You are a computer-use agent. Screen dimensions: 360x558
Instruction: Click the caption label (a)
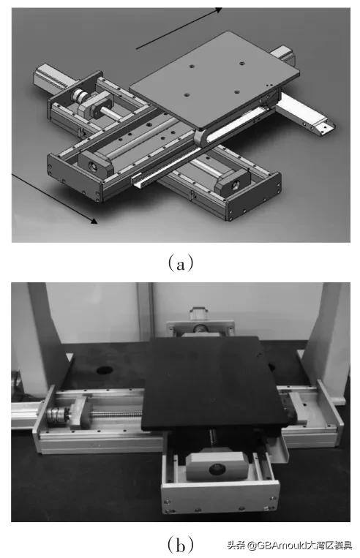point(181,263)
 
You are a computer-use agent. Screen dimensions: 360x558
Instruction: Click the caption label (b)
point(181,544)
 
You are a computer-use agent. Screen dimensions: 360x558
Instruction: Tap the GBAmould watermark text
point(290,545)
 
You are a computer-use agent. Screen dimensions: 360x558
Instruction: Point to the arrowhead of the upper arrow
point(217,10)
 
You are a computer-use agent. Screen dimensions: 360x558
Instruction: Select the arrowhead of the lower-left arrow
point(94,221)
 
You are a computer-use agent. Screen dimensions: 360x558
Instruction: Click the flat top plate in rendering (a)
point(214,79)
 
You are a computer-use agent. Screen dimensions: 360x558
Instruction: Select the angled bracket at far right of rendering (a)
point(306,113)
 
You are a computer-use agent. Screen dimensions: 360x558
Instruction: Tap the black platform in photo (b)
point(214,382)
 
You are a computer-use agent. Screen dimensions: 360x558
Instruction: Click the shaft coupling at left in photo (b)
point(57,415)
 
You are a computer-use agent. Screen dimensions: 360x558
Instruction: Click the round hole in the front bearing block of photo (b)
point(217,469)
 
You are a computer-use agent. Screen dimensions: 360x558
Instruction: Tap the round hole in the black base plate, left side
point(105,370)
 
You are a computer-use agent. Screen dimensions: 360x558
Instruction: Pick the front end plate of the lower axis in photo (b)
point(220,499)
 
